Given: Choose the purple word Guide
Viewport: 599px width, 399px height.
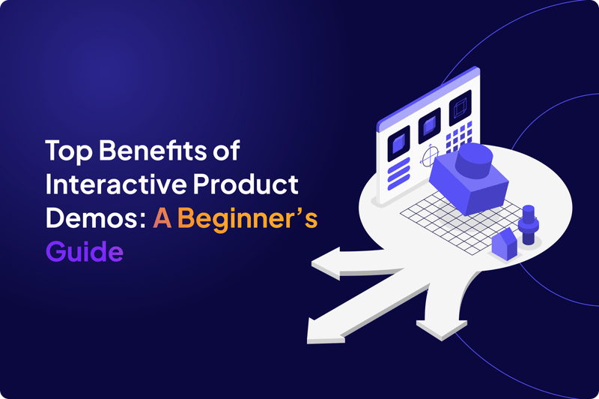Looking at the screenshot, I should pos(84,251).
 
